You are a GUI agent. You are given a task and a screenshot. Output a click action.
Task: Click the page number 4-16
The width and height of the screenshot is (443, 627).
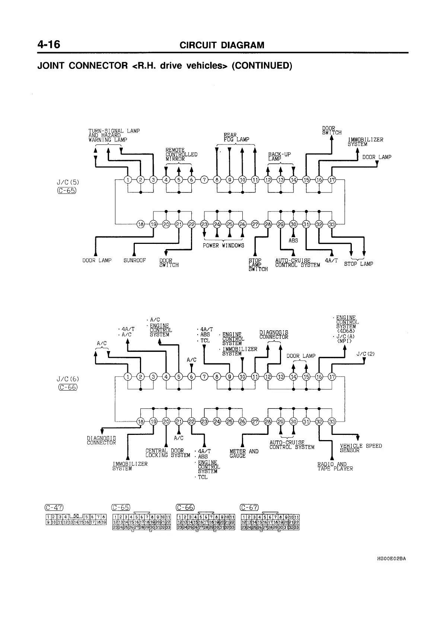[49, 45]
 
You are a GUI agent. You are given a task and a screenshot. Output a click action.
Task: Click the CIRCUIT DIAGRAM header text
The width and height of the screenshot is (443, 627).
[222, 45]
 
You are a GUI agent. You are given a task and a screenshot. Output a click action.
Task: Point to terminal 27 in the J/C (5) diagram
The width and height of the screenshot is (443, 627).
[255, 224]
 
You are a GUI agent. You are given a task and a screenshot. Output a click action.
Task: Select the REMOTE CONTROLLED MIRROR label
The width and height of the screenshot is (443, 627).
[181, 154]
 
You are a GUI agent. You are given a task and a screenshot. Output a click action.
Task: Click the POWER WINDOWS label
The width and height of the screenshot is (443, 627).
[223, 245]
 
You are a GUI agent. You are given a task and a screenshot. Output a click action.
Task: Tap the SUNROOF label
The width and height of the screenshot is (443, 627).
[134, 261]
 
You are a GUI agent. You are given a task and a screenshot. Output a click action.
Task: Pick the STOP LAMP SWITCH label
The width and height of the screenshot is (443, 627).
[258, 265]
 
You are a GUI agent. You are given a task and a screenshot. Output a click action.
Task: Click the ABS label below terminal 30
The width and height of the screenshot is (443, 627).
[293, 241]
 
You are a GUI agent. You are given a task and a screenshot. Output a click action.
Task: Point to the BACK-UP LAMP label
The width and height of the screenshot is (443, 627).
[279, 156]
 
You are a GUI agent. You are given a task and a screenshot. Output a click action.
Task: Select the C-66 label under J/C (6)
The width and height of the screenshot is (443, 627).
[68, 387]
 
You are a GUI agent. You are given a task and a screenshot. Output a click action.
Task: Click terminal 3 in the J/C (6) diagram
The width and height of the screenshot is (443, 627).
[153, 376]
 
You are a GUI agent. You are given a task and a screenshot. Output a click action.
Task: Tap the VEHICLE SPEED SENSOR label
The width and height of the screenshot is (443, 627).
[361, 448]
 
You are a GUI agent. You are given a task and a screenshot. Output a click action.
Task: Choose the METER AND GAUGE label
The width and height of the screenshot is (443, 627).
[244, 453]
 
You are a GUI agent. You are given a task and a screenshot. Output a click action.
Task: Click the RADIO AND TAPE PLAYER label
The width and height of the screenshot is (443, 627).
[335, 467]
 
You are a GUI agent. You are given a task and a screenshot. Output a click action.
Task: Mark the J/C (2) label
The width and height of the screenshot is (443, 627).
[365, 354]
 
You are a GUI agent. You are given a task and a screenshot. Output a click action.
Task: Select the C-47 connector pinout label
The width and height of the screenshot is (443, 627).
[54, 507]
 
